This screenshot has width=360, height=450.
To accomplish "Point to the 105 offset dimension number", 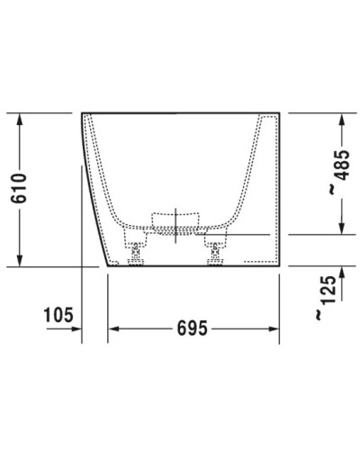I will [57, 315].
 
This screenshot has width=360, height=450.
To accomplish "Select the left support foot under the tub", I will [137, 252].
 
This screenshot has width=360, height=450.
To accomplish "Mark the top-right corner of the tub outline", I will [281, 113].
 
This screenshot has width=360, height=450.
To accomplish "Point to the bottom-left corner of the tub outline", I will [108, 267].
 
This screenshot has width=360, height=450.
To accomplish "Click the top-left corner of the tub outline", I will [82, 113].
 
